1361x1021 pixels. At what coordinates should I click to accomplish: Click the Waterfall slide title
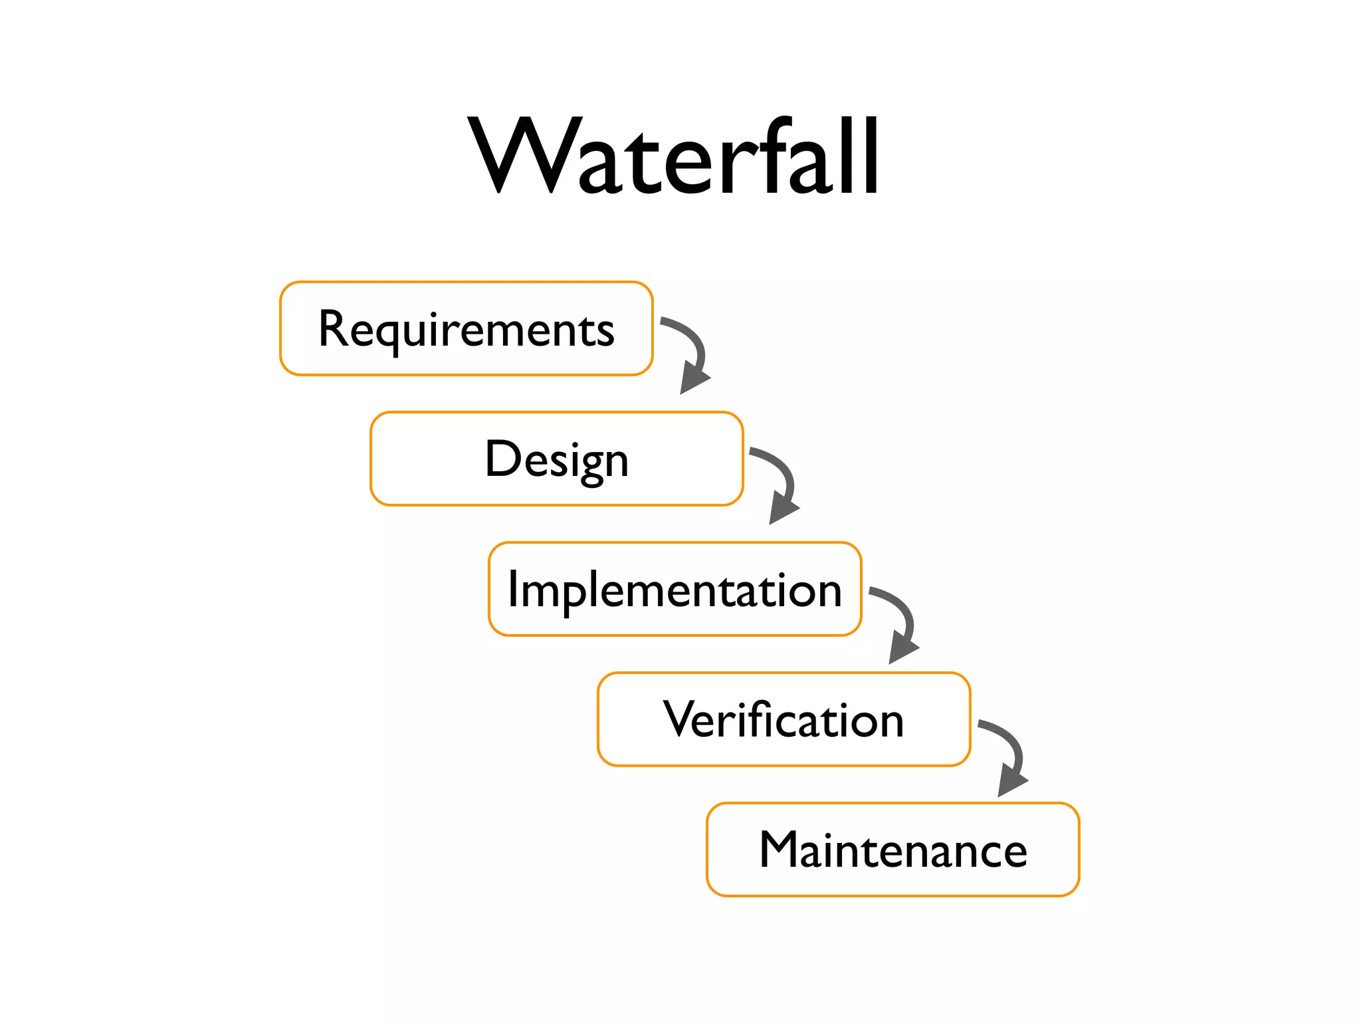[674, 156]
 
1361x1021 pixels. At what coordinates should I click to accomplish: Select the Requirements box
[466, 328]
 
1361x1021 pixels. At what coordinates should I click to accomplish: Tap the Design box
[556, 459]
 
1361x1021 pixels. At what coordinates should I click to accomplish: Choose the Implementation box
[675, 589]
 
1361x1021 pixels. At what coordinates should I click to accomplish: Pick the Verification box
[784, 719]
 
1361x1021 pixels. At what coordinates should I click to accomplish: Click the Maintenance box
[892, 850]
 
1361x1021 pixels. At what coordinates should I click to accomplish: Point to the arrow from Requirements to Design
[691, 352]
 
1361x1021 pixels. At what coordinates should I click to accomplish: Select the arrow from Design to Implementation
[780, 483]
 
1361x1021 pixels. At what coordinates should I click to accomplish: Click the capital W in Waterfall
[522, 156]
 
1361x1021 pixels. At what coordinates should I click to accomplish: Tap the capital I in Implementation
[513, 589]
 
